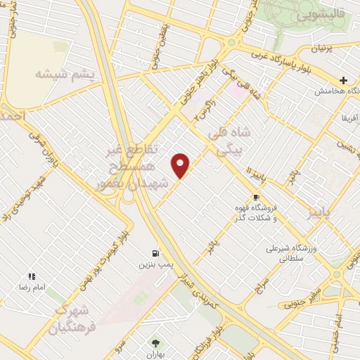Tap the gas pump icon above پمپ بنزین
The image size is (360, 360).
coord(154,253)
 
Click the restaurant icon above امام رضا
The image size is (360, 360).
coord(31,276)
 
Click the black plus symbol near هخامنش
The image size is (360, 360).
coord(344,80)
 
